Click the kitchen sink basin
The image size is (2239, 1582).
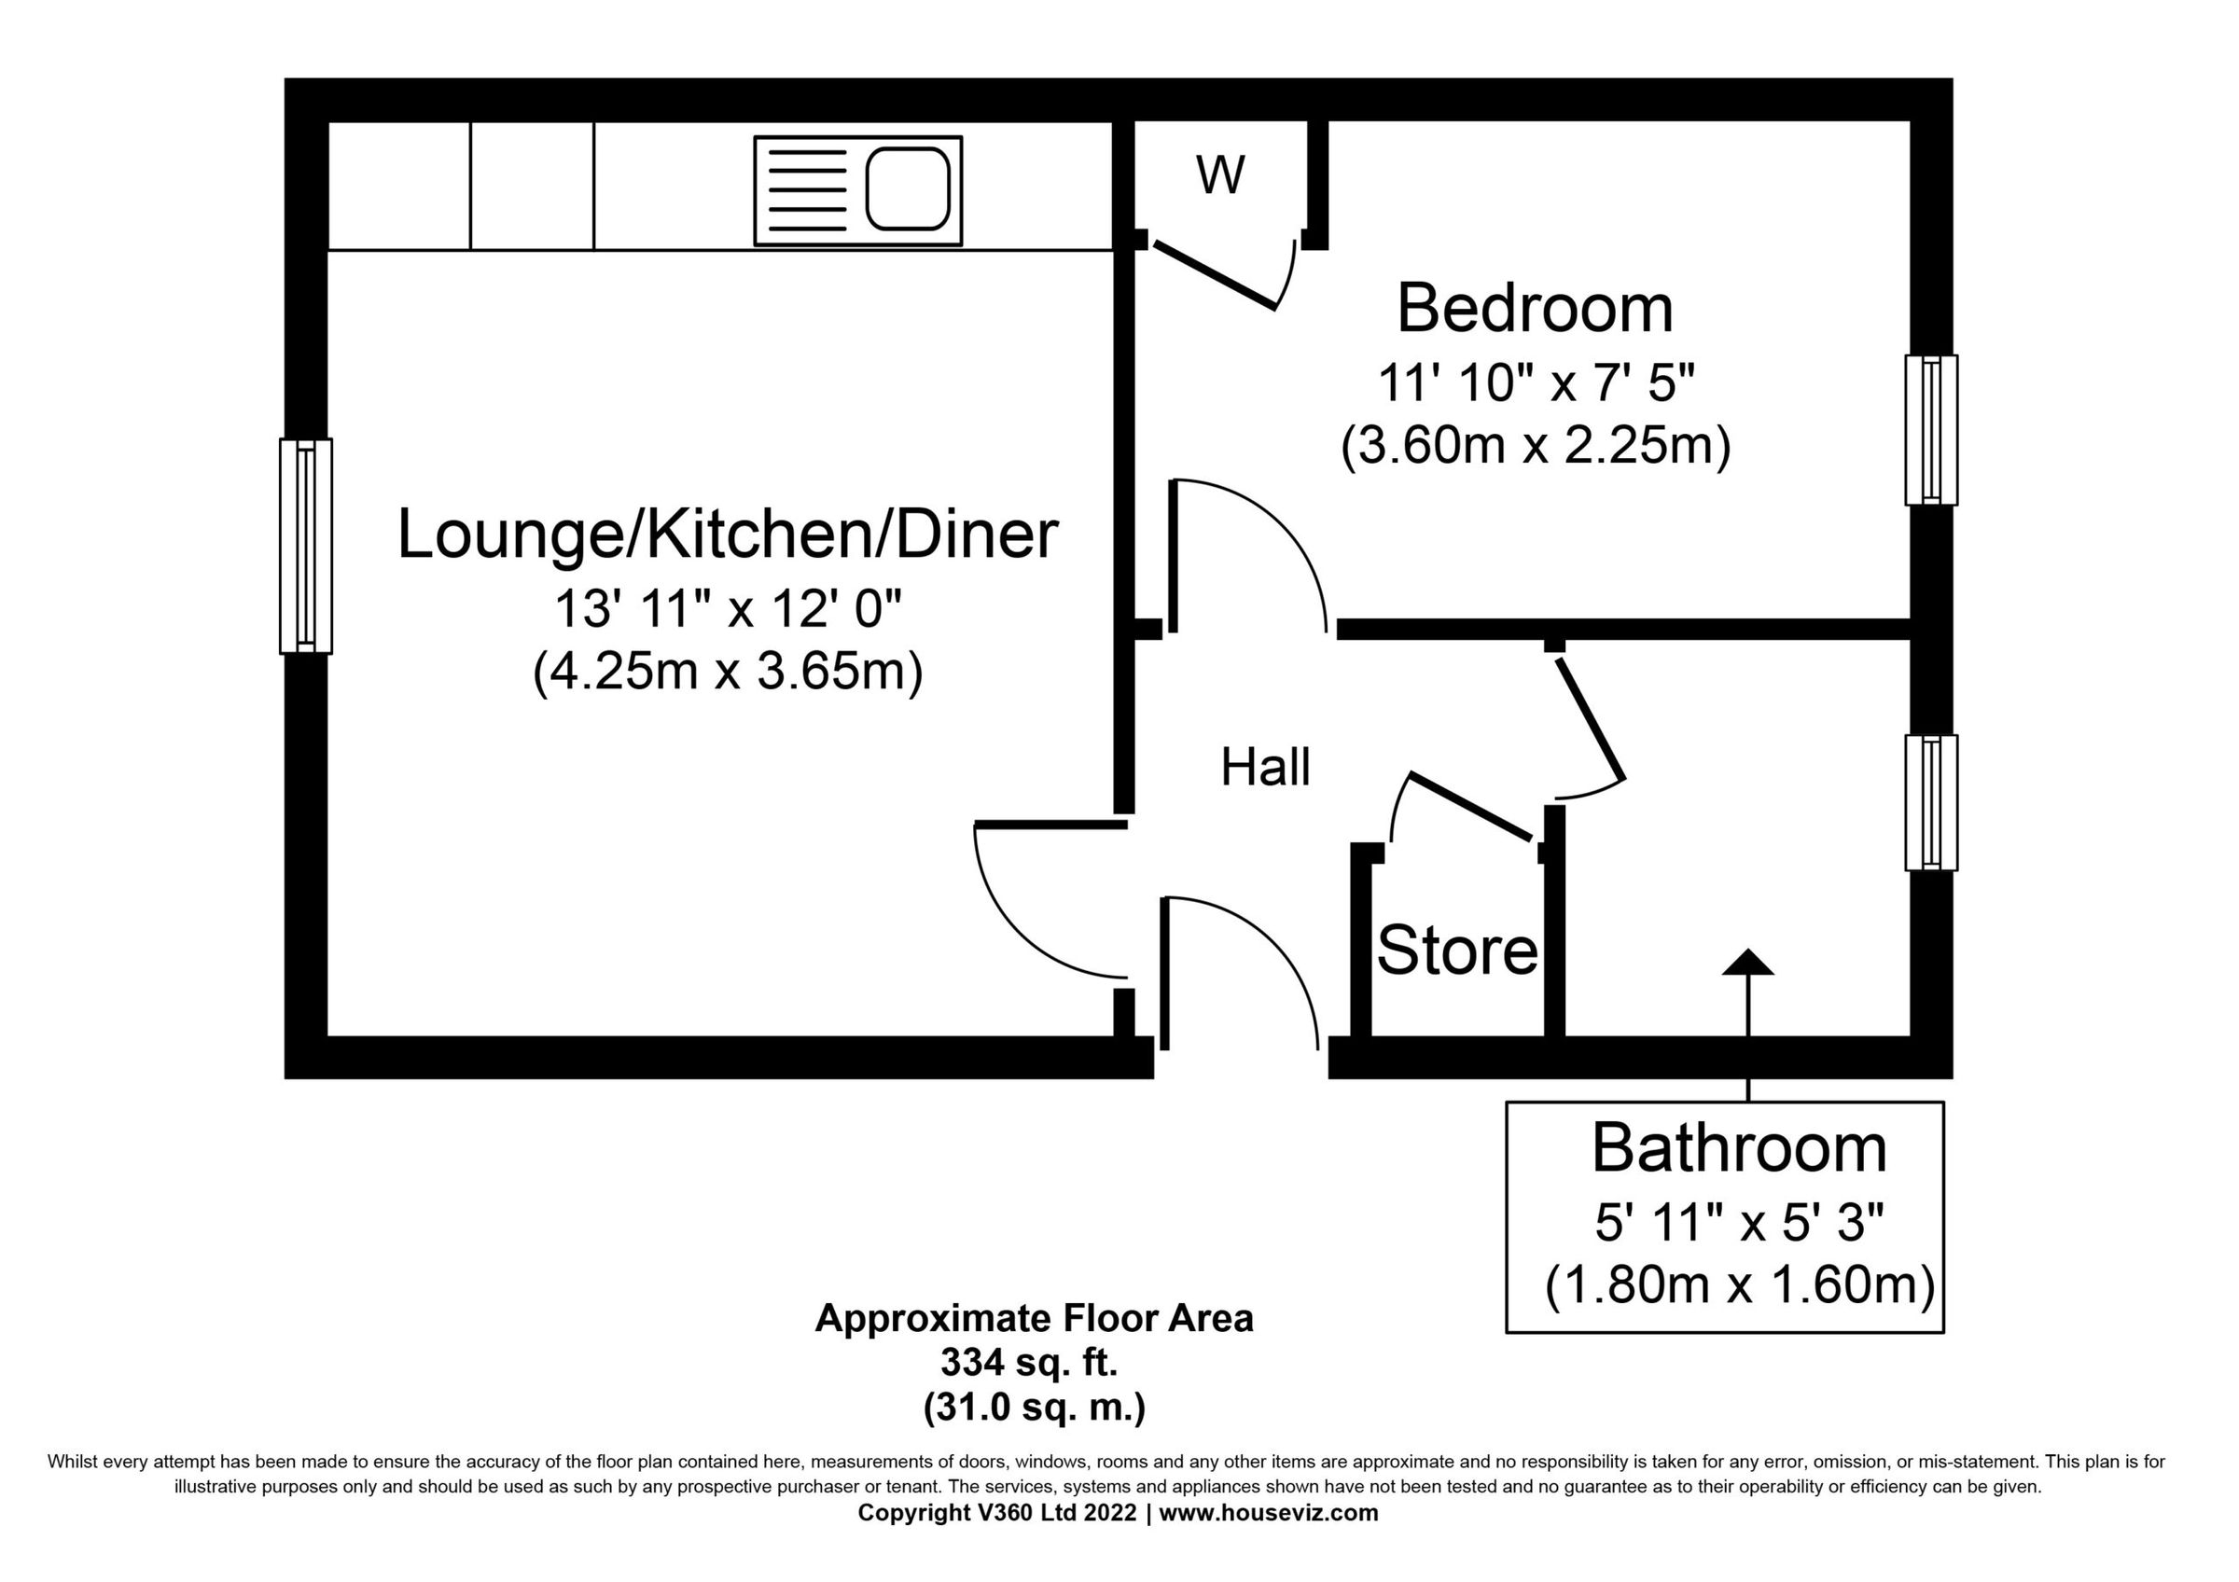(x=908, y=189)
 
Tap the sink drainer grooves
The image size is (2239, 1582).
(x=808, y=190)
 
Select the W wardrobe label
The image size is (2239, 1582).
(x=1220, y=176)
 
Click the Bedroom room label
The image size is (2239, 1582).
(x=1535, y=309)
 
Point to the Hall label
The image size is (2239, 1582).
(x=1265, y=767)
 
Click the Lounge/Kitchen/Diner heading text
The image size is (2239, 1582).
(x=728, y=535)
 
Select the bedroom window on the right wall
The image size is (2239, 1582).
(x=1931, y=430)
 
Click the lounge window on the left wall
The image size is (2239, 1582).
(x=305, y=546)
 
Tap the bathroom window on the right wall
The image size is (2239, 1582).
(x=1931, y=802)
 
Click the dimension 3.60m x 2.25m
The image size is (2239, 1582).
(x=1535, y=448)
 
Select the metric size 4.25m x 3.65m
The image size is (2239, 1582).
(x=728, y=672)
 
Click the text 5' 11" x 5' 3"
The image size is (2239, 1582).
(x=1740, y=1223)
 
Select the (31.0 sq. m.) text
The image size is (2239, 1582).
(x=1034, y=1408)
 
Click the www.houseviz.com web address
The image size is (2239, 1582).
(x=1268, y=1513)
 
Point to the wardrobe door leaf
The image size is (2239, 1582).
(x=1215, y=277)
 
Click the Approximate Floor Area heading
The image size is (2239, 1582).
(x=1034, y=1318)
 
